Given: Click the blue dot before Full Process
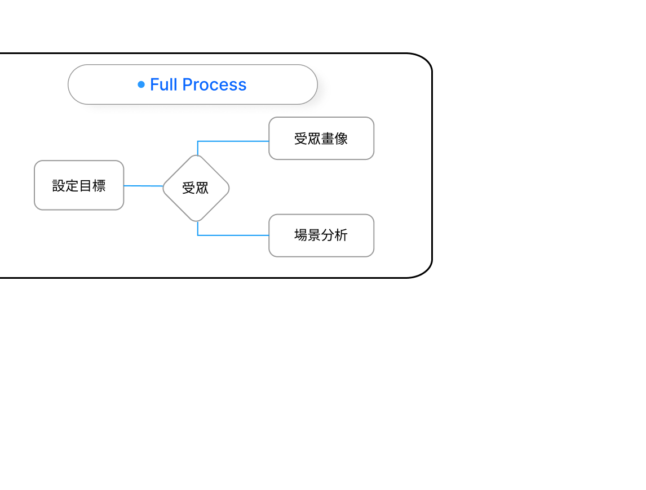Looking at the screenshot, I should point(141,84).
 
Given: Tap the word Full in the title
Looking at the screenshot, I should point(163,84).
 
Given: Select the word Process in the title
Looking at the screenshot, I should point(214,84).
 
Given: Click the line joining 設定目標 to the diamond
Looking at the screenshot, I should point(143,186).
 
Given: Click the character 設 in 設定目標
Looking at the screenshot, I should point(59,186).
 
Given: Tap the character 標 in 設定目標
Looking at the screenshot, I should point(99,186).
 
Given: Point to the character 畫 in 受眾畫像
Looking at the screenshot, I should point(328,139).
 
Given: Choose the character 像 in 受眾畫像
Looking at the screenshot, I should point(342,139).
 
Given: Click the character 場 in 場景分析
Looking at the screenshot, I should point(301,235).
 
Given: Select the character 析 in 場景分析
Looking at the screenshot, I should point(342,235).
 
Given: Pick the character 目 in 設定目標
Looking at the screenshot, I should point(86,186).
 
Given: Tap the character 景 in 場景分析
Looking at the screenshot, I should point(315,235).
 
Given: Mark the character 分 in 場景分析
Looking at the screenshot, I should point(328,235).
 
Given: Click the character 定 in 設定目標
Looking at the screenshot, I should point(72,186).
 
